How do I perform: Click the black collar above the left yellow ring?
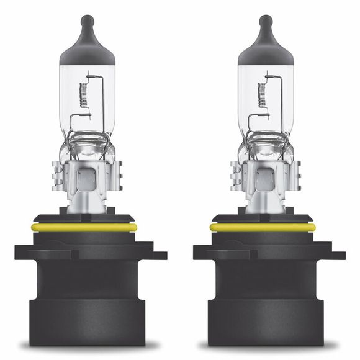[84, 218]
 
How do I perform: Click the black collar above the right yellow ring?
[263, 218]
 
